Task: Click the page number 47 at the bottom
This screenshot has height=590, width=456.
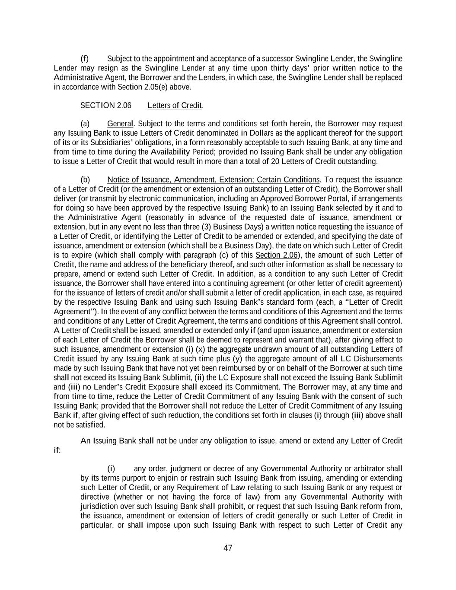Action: [x=228, y=548]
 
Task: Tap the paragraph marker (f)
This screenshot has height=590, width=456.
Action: [x=84, y=58]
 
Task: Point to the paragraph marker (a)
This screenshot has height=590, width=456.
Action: [x=85, y=124]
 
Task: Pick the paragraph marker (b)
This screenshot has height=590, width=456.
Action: [x=85, y=179]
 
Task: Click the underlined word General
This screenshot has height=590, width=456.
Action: [x=120, y=124]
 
